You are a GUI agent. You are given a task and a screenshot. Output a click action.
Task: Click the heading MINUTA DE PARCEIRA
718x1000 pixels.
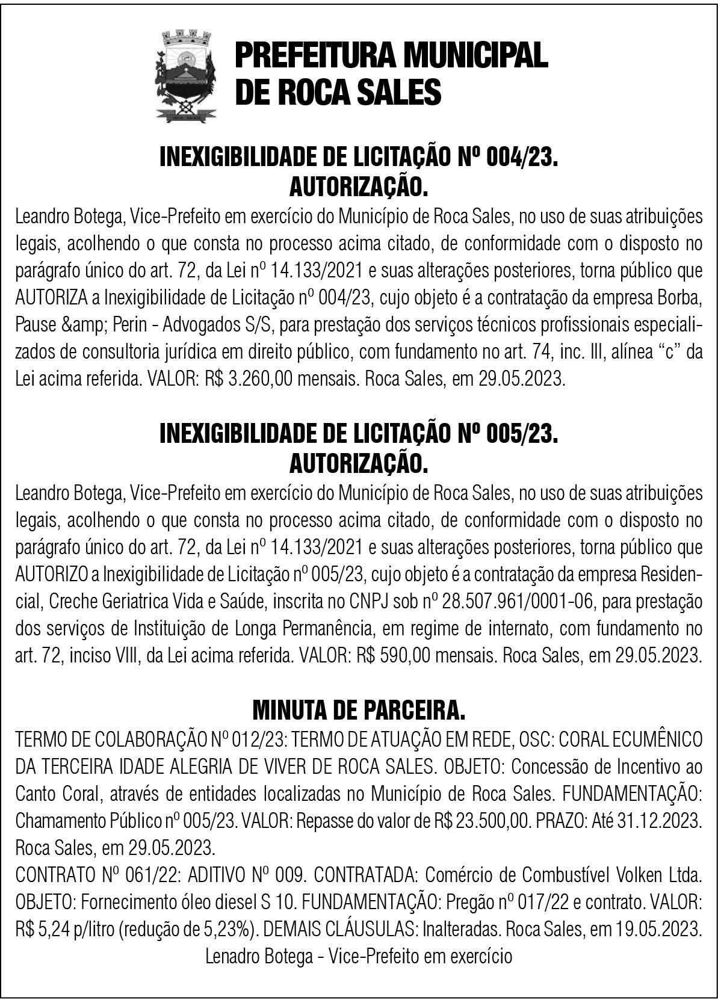point(359,711)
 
